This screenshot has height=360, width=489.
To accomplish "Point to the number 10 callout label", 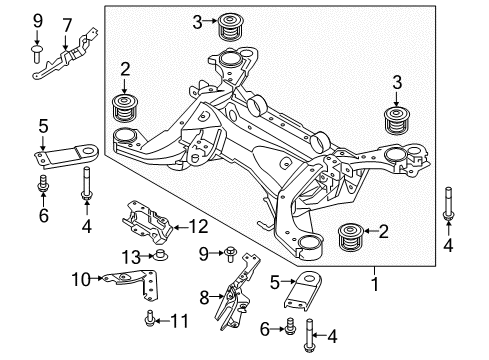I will [x=82, y=278].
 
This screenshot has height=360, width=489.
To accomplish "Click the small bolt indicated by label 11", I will [x=150, y=320].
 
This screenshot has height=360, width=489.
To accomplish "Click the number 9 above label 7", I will [x=37, y=20].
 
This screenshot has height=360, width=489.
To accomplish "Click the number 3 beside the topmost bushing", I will [x=198, y=20].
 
